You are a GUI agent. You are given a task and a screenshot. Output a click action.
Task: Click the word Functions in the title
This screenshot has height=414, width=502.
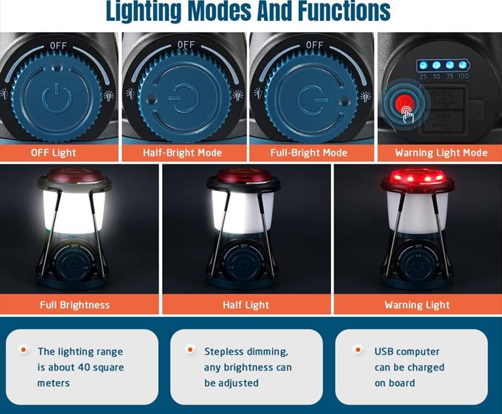(x=344, y=11)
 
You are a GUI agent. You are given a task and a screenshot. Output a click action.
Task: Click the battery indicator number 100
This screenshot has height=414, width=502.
(x=463, y=76)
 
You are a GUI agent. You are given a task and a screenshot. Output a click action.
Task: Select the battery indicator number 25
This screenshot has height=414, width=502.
(x=423, y=76)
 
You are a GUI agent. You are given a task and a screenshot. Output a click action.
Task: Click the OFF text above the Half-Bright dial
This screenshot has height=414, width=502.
(x=186, y=44)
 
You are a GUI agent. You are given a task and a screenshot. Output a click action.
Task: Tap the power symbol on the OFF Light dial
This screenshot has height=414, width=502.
(x=57, y=97)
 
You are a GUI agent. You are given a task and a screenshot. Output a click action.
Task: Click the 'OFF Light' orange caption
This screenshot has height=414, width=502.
(x=54, y=152)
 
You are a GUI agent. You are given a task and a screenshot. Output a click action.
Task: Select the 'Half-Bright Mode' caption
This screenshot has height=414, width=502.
(x=182, y=152)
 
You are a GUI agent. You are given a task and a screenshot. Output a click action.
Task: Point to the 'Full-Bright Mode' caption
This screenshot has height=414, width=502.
(x=308, y=152)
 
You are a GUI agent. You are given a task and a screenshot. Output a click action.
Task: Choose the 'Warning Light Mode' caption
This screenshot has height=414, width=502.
(x=441, y=152)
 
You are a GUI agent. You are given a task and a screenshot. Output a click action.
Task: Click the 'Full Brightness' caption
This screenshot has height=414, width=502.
(x=75, y=305)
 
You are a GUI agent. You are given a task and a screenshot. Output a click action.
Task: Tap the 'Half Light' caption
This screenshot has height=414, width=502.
(x=246, y=305)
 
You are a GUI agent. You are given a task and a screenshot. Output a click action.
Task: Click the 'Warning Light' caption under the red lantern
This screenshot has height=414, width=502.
(x=417, y=305)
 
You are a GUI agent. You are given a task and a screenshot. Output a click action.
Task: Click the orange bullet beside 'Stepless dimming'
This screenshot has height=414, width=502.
(x=190, y=350)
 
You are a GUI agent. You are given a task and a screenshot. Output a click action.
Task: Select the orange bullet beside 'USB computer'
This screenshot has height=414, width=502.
(x=358, y=350)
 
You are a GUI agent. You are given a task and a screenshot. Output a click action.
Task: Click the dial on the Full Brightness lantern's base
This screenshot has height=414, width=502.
(x=74, y=263)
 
